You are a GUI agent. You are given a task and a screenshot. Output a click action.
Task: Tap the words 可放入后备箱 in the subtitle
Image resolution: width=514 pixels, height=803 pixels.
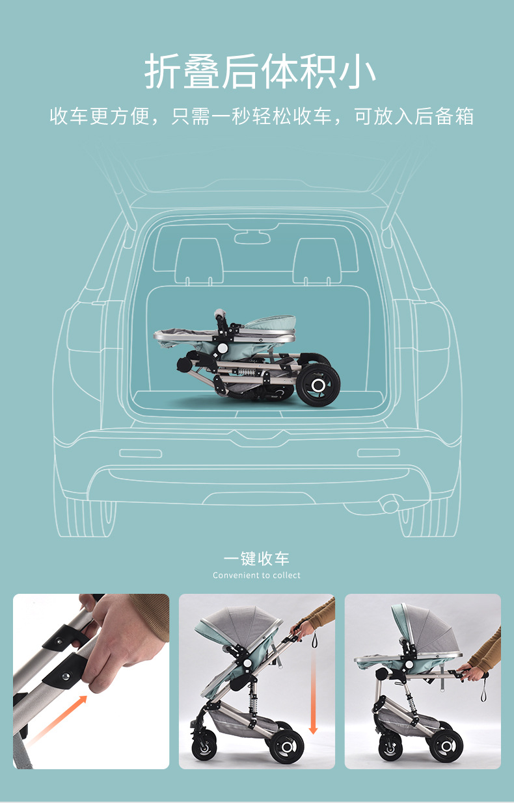coord(413,117)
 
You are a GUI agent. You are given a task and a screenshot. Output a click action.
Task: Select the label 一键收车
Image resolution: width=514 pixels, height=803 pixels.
coord(256,559)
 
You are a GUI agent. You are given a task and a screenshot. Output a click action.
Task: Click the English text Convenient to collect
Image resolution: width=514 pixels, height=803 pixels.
coord(256,575)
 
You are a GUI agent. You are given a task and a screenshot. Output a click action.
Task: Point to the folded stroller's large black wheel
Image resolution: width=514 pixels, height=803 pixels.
coord(318,385)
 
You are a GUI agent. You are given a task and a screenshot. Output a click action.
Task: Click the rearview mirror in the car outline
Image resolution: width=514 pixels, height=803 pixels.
coord(252,238)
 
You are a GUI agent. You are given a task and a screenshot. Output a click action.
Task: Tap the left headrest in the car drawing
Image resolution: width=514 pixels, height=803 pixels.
coord(198,259)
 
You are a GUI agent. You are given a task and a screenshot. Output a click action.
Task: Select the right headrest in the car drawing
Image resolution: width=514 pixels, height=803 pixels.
coord(316,259)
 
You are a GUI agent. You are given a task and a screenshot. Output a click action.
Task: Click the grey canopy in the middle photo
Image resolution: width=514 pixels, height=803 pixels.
coord(241,624)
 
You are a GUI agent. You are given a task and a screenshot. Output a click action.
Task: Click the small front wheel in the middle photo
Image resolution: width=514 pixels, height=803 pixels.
coord(204,746)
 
